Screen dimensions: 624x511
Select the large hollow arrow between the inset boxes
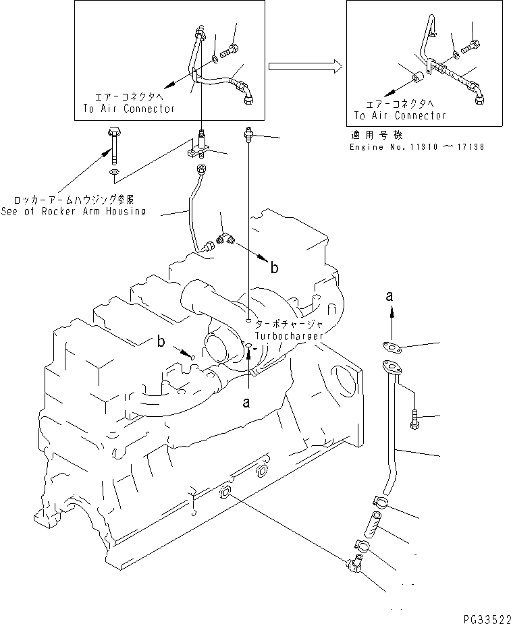(x=304, y=66)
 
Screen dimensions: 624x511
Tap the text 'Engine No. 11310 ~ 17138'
(x=416, y=146)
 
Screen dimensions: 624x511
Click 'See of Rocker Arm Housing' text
(x=73, y=210)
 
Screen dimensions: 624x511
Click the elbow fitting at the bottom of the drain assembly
(x=354, y=569)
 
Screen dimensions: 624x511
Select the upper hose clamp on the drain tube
(x=379, y=502)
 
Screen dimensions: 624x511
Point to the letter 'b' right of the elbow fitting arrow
(x=274, y=268)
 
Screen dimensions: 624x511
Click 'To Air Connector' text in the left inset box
(x=129, y=108)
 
